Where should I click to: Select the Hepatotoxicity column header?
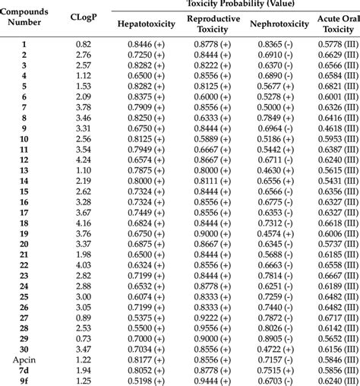(x=146, y=25)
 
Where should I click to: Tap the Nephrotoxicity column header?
(x=279, y=25)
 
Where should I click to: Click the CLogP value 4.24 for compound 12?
(x=84, y=161)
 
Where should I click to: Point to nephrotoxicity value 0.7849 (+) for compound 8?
(x=279, y=119)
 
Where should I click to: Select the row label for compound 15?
(x=24, y=192)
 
